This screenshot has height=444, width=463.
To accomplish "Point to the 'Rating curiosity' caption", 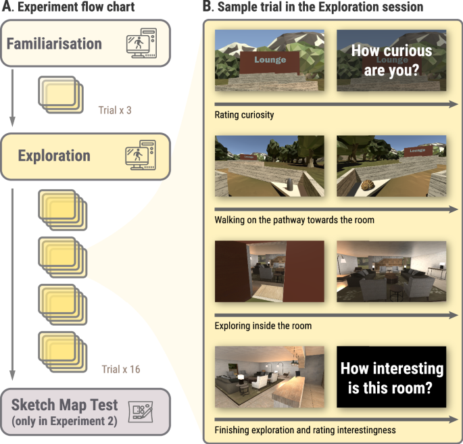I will [x=244, y=115].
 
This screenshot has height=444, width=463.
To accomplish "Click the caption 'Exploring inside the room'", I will [x=262, y=326].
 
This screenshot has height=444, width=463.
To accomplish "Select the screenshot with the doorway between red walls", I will [x=269, y=272].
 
